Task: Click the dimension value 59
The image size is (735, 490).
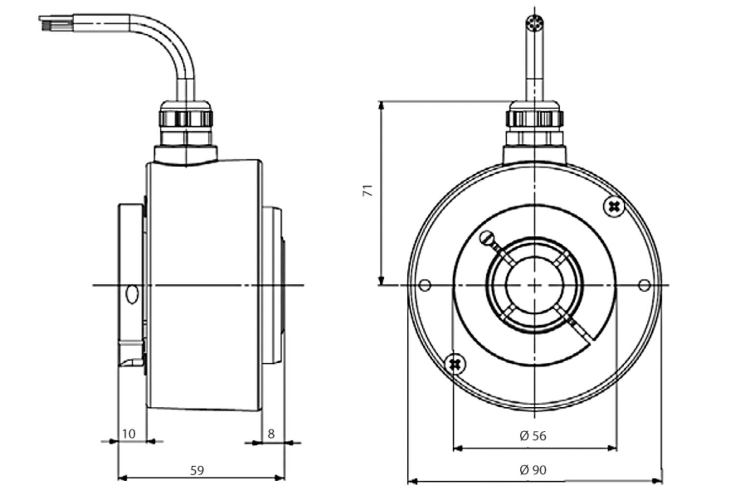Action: (197, 470)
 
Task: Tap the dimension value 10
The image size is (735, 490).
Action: (128, 434)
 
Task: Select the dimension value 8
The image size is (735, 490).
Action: (270, 434)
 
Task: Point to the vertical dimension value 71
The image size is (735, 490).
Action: (368, 190)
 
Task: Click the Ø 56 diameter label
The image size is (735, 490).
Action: (533, 436)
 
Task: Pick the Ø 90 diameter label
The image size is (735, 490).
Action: (533, 470)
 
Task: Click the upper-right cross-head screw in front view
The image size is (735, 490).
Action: (613, 207)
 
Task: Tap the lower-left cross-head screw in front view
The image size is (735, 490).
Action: (455, 364)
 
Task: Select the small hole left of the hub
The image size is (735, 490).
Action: (425, 285)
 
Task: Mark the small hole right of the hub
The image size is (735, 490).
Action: (644, 285)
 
